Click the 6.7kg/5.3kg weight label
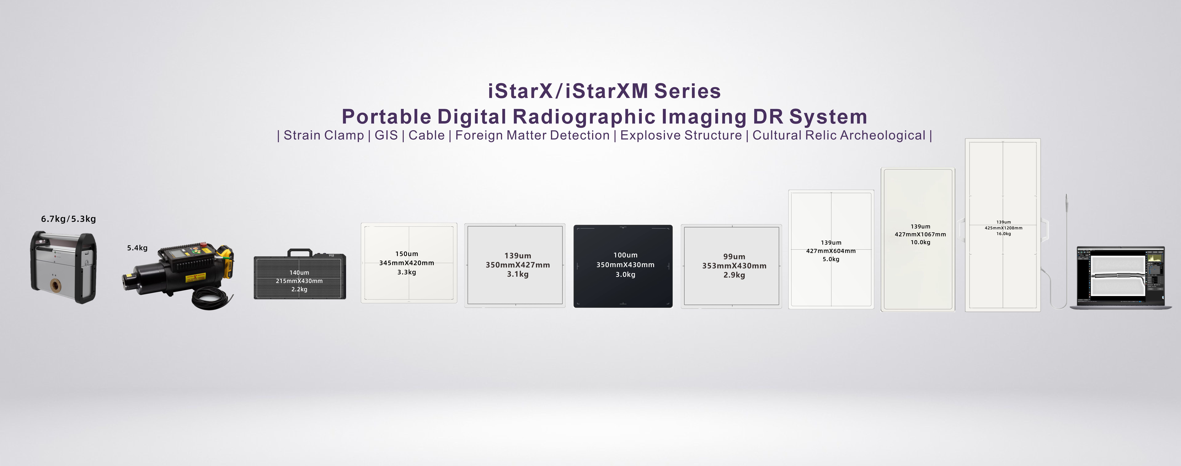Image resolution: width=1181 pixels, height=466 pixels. pyautogui.click(x=68, y=219)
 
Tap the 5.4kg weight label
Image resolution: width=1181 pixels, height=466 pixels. pyautogui.click(x=137, y=248)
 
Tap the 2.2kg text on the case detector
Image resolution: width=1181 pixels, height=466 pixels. pyautogui.click(x=299, y=289)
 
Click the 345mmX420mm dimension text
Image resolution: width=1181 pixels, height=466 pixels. pyautogui.click(x=407, y=263)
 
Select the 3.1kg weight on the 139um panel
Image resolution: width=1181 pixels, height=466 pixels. pyautogui.click(x=518, y=274)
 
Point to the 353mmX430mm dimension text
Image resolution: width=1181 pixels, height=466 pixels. pyautogui.click(x=734, y=266)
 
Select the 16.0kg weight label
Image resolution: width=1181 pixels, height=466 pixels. pyautogui.click(x=1004, y=234)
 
